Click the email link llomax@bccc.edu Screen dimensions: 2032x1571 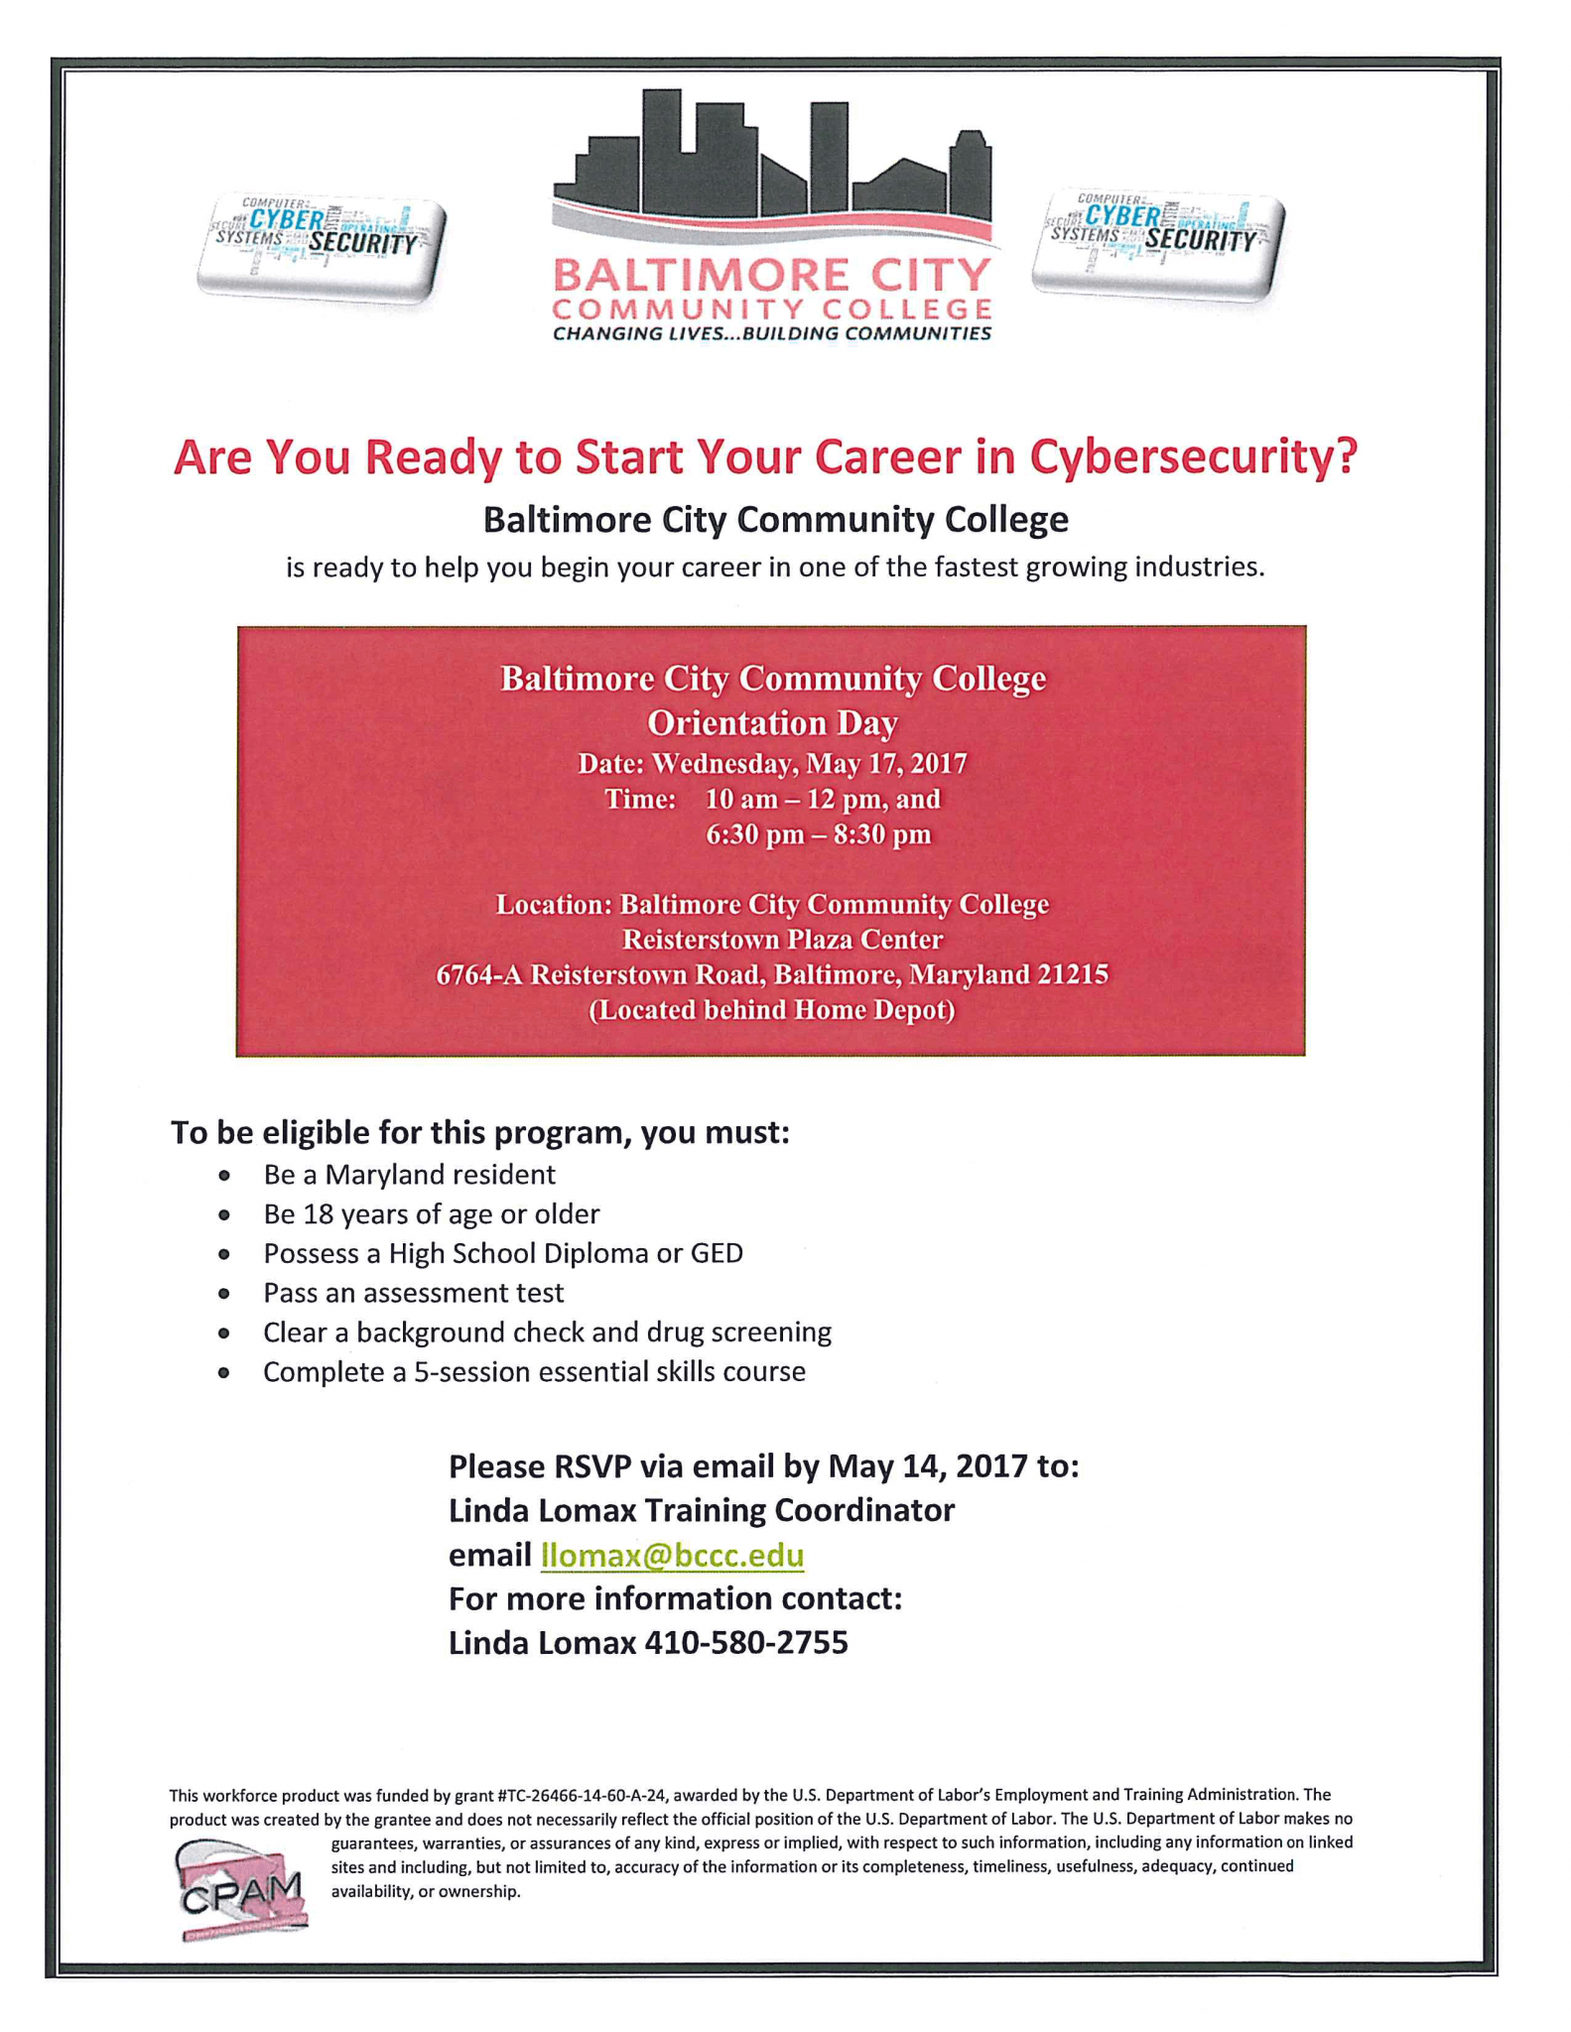pyautogui.click(x=672, y=1555)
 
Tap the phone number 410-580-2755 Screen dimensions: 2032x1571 pyautogui.click(x=746, y=1643)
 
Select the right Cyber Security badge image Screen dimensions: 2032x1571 pyautogui.click(x=1157, y=243)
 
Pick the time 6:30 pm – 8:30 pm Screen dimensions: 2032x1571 pyautogui.click(x=819, y=834)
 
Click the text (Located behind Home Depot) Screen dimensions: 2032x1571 pyautogui.click(x=772, y=1010)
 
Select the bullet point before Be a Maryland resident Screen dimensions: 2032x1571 pyautogui.click(x=225, y=1176)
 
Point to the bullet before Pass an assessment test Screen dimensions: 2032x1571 pyautogui.click(x=225, y=1294)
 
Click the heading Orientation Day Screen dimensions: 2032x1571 pyautogui.click(x=772, y=723)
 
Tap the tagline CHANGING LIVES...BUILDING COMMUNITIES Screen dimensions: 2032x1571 pyautogui.click(x=772, y=333)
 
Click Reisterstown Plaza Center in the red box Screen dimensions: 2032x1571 pyautogui.click(x=782, y=939)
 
